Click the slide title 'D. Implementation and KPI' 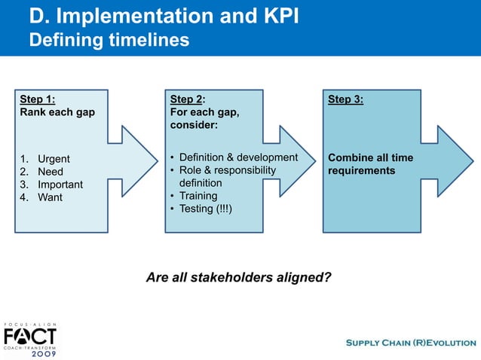[164, 16]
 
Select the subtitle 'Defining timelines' [109, 40]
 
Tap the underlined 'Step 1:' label [37, 99]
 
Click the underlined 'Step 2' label [186, 99]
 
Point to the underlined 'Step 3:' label [345, 99]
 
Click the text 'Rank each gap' [57, 112]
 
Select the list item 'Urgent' [54, 159]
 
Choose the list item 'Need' [51, 172]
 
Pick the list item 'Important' [60, 185]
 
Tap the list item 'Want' [51, 197]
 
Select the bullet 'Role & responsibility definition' [226, 176]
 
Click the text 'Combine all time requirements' [370, 164]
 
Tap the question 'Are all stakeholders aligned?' [238, 277]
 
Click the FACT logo [30, 334]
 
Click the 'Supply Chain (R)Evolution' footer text [410, 343]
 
